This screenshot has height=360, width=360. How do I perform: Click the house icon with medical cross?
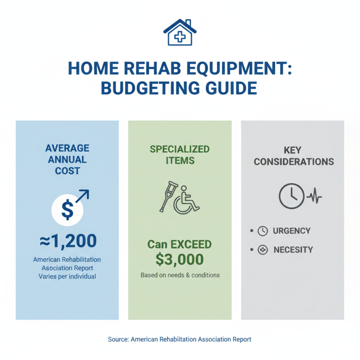[x=180, y=32]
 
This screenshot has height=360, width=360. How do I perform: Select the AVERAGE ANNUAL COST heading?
[x=67, y=159]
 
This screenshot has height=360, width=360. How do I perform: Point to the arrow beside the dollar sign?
[x=83, y=196]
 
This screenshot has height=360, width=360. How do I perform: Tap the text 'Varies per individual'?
[x=67, y=276]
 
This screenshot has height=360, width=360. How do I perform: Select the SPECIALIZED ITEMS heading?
[x=180, y=154]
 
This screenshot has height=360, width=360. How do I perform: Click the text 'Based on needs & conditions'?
[x=180, y=274]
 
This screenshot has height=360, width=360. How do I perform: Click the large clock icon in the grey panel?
[x=291, y=197]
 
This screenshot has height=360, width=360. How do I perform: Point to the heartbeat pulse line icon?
[x=315, y=197]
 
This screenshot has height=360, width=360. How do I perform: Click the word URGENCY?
[x=292, y=231]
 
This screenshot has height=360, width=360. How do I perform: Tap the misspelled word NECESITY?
[x=293, y=250]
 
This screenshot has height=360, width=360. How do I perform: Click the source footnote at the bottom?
[x=180, y=339]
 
